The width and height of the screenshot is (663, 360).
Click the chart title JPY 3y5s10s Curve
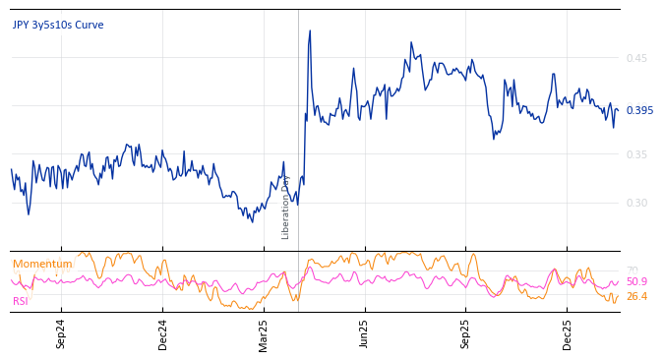[58, 26]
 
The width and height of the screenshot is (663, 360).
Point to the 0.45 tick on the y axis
[636, 59]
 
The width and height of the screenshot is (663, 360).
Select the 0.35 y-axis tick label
[636, 154]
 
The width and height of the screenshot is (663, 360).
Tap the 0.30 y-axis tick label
[636, 203]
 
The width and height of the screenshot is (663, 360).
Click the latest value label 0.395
[639, 110]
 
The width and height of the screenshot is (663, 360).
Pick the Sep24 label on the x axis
[61, 333]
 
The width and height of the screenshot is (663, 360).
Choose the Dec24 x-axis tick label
[163, 333]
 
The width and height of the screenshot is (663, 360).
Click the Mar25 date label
[264, 333]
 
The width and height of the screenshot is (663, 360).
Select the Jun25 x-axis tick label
[364, 333]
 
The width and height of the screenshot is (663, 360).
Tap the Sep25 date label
[465, 333]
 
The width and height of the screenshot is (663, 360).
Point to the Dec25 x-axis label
[567, 333]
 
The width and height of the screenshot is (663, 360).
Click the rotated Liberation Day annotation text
[286, 207]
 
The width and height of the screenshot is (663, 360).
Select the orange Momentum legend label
[42, 265]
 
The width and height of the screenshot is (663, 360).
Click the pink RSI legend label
[21, 301]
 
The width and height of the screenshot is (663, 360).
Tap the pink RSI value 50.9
[636, 282]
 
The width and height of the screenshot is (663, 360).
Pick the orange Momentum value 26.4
[636, 296]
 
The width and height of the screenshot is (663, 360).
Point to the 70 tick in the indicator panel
[632, 270]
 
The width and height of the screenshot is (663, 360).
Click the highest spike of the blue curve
[310, 30]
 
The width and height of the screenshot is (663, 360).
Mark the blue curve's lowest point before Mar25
[252, 221]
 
